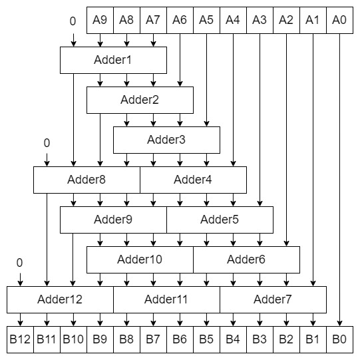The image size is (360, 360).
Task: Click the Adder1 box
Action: (x=113, y=60)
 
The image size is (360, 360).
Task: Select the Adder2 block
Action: (x=140, y=100)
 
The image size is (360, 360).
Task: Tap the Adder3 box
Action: (x=166, y=140)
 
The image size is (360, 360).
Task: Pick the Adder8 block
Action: (x=87, y=180)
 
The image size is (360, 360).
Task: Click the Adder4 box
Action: (x=193, y=180)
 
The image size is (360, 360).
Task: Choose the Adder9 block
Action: (x=113, y=220)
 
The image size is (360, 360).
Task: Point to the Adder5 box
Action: (x=220, y=220)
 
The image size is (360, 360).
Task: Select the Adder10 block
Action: (x=140, y=260)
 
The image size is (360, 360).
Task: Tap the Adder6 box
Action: (x=246, y=260)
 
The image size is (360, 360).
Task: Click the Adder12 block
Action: (x=60, y=299)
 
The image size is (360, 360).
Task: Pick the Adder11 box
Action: (x=166, y=299)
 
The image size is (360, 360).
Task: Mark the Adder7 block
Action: (x=273, y=299)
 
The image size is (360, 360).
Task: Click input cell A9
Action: (x=100, y=20)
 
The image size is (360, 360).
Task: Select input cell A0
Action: (x=339, y=20)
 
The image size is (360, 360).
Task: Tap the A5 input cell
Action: (x=206, y=20)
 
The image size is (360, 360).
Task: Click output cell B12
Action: (x=20, y=339)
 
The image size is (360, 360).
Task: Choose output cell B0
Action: (x=339, y=339)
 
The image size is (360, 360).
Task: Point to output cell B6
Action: (x=180, y=339)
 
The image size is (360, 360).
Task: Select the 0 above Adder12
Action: (x=20, y=262)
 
